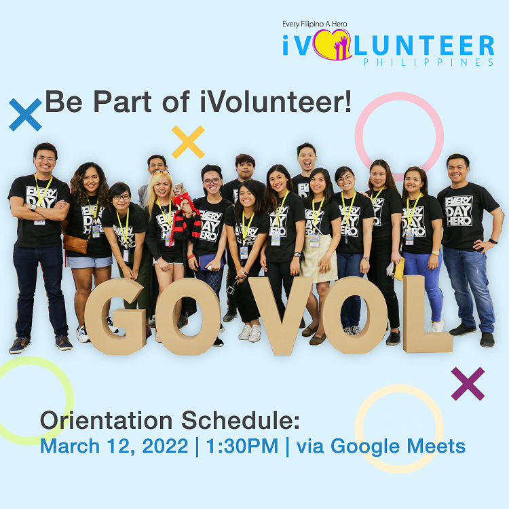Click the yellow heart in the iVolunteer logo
332,45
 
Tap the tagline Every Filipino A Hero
314,24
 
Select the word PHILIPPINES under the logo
428,62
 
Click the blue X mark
25,115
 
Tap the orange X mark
188,142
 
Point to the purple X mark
468,383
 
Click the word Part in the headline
122,102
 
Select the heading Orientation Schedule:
170,420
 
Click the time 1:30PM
242,446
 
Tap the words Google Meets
398,447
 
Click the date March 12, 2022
114,446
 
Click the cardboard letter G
115,316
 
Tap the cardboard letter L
427,314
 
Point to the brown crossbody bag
75,244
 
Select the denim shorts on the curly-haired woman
89,262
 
